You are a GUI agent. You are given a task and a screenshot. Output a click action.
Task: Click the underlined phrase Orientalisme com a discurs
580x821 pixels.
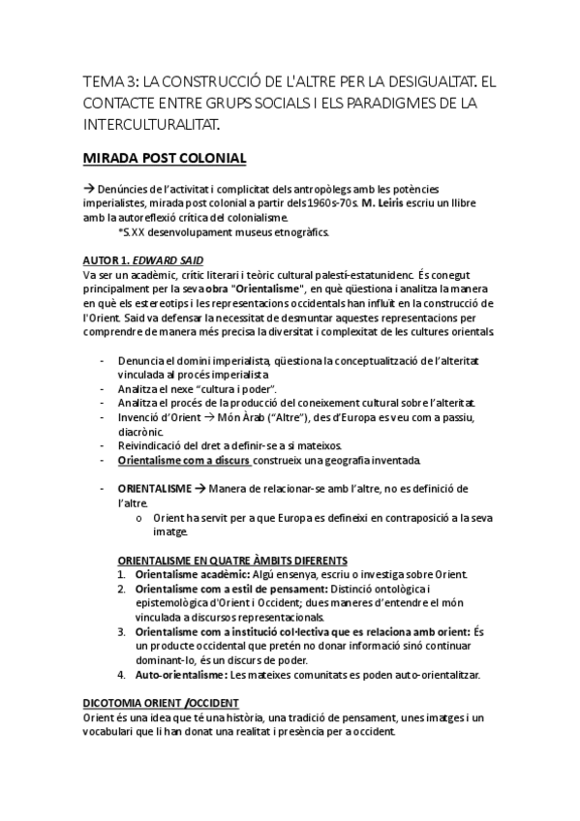tap(184, 458)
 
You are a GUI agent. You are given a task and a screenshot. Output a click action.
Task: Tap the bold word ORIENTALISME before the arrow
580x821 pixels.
tap(155, 487)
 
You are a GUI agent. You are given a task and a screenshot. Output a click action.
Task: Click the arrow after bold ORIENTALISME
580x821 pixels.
tap(199, 487)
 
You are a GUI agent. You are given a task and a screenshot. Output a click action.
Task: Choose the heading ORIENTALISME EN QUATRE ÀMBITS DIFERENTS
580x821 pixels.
tap(232, 561)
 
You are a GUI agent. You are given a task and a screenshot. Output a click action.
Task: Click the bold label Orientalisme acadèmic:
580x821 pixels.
tap(188, 574)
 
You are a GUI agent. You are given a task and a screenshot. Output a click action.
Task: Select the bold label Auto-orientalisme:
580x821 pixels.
tap(181, 674)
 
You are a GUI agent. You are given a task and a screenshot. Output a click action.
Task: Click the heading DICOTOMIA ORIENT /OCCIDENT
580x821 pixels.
tap(160, 702)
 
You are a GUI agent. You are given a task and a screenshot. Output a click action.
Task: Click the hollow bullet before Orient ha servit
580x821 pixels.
tap(141, 517)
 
